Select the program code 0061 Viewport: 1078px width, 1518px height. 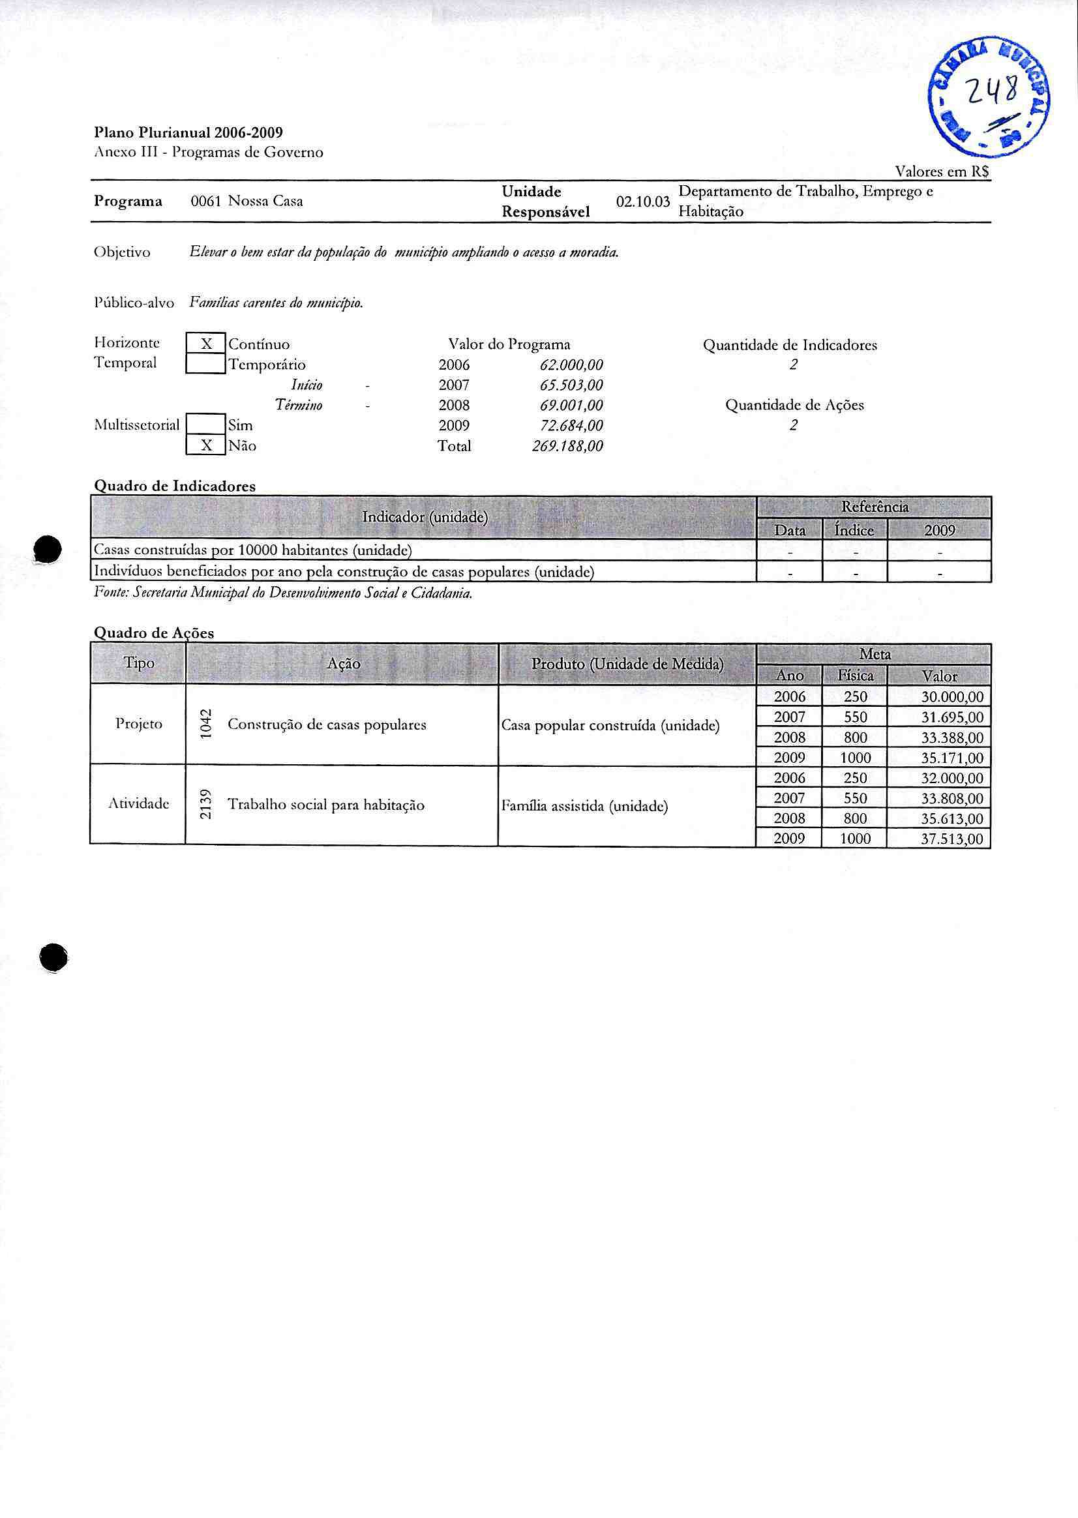205,201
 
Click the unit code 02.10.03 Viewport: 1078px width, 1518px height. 642,201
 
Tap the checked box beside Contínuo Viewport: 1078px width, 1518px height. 206,344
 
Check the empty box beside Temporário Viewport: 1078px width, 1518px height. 206,364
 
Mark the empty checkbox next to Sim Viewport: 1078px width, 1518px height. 206,424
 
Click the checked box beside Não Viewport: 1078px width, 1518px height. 206,445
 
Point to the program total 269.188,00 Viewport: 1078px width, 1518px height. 567,446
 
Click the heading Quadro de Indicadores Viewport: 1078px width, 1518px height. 175,486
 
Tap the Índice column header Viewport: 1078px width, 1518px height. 854,530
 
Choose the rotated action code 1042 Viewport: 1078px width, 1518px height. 206,724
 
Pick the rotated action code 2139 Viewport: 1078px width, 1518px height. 206,805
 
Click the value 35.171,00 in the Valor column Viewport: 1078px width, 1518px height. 952,758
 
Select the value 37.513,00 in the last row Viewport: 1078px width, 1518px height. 952,839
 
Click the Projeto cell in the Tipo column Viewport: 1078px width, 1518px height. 139,724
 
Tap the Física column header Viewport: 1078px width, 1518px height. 855,676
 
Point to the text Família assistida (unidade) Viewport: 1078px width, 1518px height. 585,807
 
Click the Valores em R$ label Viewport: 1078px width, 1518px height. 942,171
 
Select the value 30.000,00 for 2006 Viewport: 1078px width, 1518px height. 952,697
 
